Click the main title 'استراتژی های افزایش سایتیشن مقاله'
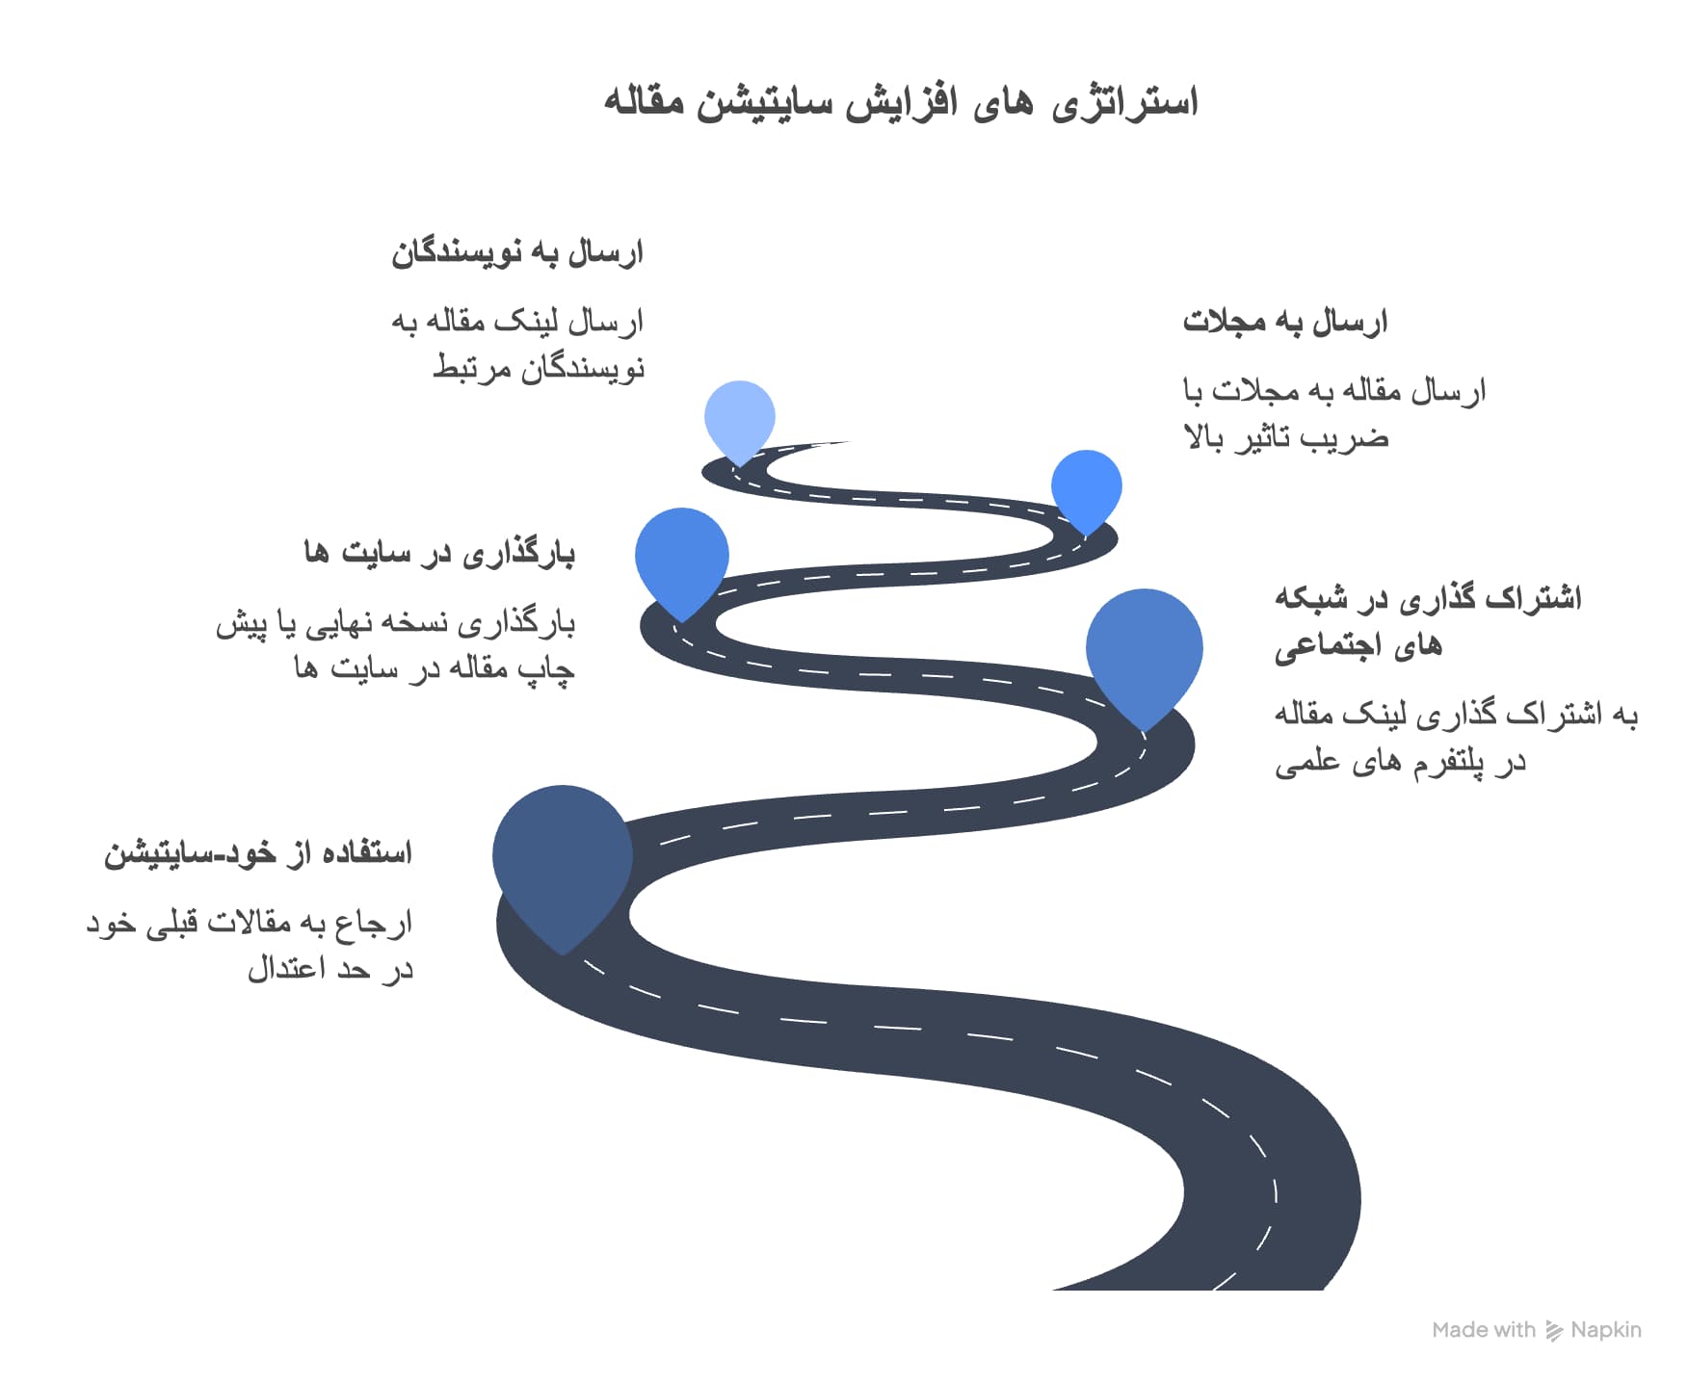click(901, 102)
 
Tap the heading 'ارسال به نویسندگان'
click(517, 253)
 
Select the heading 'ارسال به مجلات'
click(1285, 322)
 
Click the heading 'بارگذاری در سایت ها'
click(439, 553)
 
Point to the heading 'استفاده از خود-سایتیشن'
click(258, 853)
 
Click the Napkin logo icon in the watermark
click(1554, 1330)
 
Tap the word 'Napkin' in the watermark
click(1606, 1330)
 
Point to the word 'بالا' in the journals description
click(1204, 438)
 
